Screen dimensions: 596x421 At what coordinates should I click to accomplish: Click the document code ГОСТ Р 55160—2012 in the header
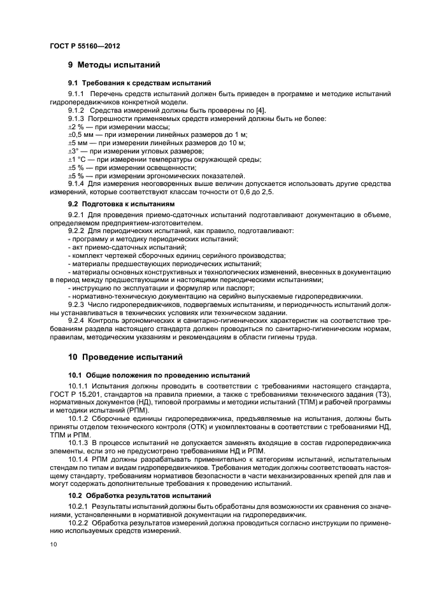[x=85, y=46]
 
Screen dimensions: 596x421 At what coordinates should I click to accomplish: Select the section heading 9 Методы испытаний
[x=114, y=65]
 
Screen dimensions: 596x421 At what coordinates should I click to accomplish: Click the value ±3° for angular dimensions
[x=74, y=152]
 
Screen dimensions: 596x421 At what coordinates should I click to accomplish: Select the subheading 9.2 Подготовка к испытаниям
[x=120, y=205]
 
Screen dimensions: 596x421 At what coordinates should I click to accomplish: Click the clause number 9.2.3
[x=76, y=304]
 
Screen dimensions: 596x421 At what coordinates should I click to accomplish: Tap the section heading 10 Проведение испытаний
[x=125, y=357]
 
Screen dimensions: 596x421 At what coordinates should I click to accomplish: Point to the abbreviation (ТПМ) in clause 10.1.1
[x=329, y=403]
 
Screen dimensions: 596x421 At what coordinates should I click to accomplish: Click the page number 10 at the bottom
[x=54, y=544]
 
